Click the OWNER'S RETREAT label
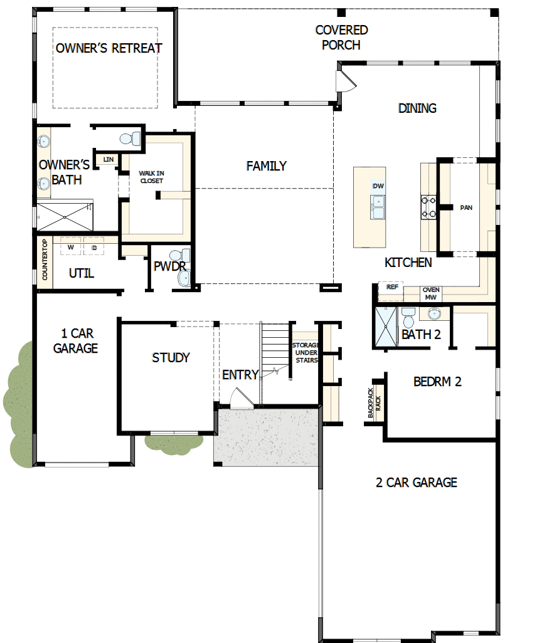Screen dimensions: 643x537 [109, 48]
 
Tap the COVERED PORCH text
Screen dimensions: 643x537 [341, 37]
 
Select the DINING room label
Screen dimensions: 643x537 [417, 108]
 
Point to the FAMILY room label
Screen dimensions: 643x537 [266, 166]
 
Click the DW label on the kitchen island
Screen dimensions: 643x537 [378, 187]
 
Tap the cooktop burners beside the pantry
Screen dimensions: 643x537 [428, 207]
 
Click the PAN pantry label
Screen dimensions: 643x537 [465, 207]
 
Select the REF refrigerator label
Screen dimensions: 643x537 [392, 287]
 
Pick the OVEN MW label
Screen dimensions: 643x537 [430, 293]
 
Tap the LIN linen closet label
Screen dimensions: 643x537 [108, 160]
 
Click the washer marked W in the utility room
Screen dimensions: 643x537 [71, 248]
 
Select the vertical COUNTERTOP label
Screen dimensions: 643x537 [45, 260]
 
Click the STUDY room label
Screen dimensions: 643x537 [171, 358]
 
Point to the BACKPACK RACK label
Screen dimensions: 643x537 [374, 402]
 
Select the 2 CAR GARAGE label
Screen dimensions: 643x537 [416, 483]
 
